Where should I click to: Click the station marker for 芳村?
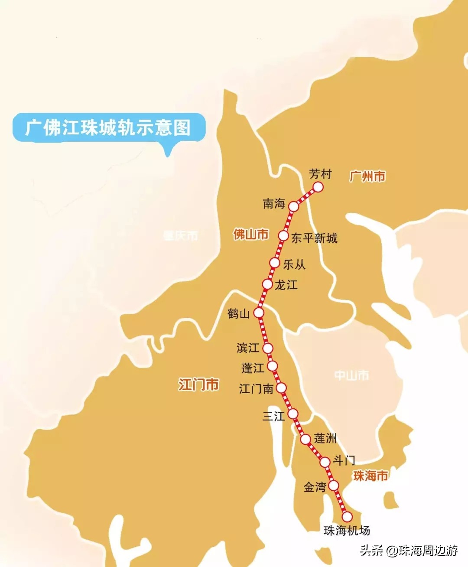(318, 187)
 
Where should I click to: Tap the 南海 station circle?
(294, 206)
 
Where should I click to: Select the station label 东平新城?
(314, 238)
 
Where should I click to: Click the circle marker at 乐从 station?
(274, 263)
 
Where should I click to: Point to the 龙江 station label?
(286, 285)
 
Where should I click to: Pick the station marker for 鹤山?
(259, 313)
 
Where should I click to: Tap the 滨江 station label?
(247, 348)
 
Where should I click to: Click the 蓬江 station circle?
(272, 366)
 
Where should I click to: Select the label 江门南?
(256, 388)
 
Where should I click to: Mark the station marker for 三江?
(293, 413)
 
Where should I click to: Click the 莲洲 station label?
(325, 438)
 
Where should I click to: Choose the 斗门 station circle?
(325, 463)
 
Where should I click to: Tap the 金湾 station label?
(315, 487)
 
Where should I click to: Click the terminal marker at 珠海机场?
(347, 517)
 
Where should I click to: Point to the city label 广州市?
(367, 176)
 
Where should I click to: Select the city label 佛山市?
(251, 235)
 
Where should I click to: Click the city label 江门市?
(198, 385)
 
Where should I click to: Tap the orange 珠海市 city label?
(370, 476)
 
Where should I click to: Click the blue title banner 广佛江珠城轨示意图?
(108, 127)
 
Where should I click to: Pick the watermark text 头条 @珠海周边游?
(409, 551)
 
